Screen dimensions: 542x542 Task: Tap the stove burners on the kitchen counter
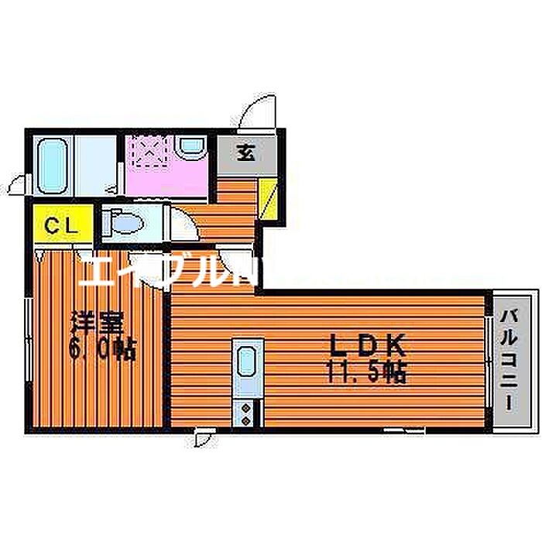point(247,412)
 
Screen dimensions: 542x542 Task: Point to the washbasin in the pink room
point(190,146)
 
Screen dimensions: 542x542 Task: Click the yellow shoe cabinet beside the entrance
point(266,197)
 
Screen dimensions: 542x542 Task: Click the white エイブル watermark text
point(155,270)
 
